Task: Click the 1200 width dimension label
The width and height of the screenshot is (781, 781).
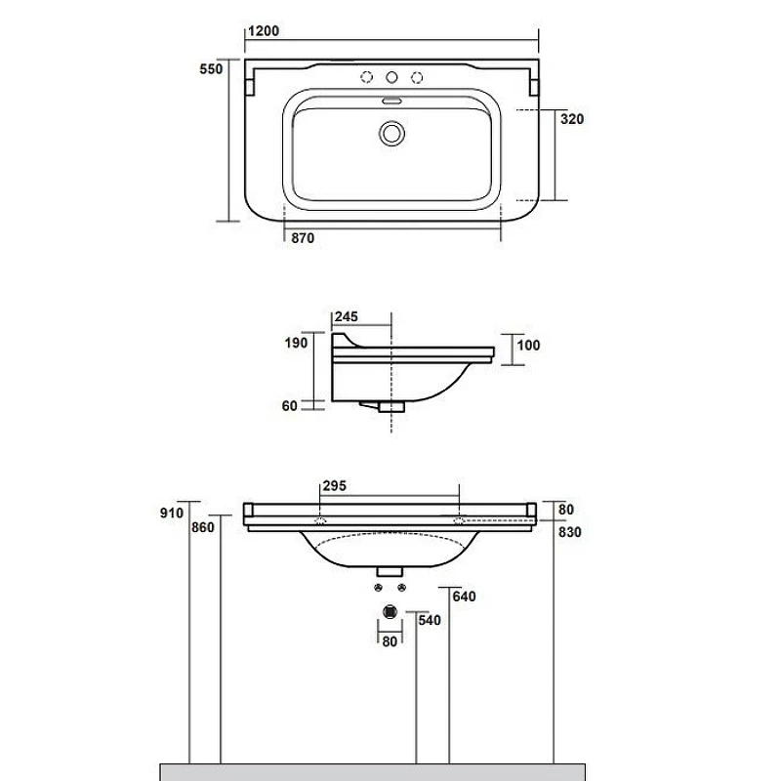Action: point(264,31)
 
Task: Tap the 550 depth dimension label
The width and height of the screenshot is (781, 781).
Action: point(211,68)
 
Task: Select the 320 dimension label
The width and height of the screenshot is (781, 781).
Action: point(572,119)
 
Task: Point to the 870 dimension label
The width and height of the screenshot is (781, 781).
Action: point(303,238)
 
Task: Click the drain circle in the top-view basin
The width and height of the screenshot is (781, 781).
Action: point(391,134)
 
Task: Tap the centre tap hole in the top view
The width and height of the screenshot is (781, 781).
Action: point(392,77)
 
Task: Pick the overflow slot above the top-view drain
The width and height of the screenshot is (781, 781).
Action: point(392,102)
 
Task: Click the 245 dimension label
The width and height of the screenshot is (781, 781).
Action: point(347,316)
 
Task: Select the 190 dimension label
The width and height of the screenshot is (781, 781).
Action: point(296,343)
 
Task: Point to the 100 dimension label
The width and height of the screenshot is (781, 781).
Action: point(528,346)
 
